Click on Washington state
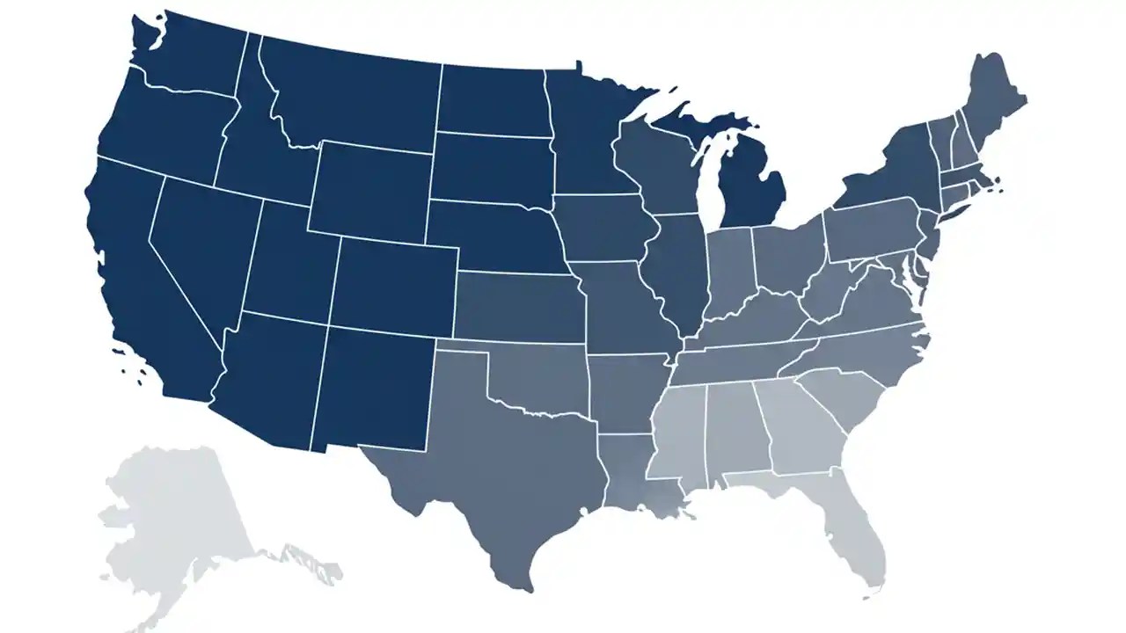[x=189, y=57]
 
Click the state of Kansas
[x=519, y=308]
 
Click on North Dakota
[x=493, y=101]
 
